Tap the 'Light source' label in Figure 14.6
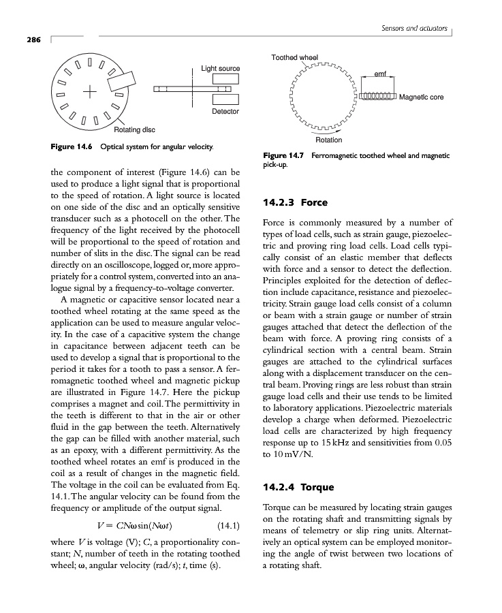(220, 69)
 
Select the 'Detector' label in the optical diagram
(225, 111)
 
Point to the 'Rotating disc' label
(134, 130)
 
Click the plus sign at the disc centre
(89, 91)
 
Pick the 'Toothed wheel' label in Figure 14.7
(294, 57)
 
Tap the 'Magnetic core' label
(422, 97)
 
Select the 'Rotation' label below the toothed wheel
(329, 140)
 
